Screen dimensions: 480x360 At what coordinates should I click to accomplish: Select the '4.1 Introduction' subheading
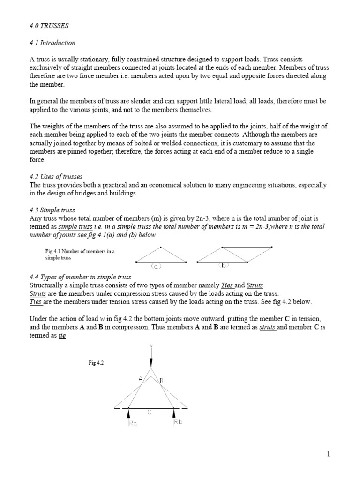pyautogui.click(x=52, y=43)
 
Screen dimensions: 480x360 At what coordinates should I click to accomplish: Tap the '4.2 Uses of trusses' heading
pyautogui.click(x=56, y=177)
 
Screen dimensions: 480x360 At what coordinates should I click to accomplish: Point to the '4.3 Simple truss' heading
pyautogui.click(x=52, y=210)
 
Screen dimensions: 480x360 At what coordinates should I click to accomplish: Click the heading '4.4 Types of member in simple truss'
pyautogui.click(x=80, y=277)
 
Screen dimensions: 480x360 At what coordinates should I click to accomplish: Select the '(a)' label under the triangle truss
pyautogui.click(x=156, y=266)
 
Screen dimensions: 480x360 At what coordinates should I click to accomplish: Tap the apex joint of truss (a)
pyautogui.click(x=161, y=247)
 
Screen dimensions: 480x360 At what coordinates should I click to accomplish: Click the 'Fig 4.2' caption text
pyautogui.click(x=96, y=363)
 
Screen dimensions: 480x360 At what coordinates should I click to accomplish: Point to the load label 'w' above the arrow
pyautogui.click(x=151, y=346)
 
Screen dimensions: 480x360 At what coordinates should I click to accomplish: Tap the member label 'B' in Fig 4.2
pyautogui.click(x=161, y=380)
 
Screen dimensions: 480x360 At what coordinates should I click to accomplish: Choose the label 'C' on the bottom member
pyautogui.click(x=150, y=412)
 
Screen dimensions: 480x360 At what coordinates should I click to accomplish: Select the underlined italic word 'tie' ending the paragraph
pyautogui.click(x=61, y=336)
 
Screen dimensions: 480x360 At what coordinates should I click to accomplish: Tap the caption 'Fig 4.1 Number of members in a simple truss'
pyautogui.click(x=80, y=255)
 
